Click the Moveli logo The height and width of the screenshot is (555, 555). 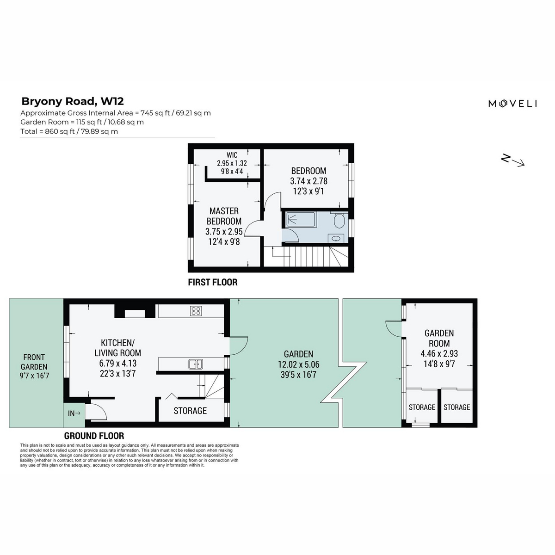[x=512, y=104]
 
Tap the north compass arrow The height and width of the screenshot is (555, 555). [x=512, y=160]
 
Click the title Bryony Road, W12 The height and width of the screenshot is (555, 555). [x=73, y=101]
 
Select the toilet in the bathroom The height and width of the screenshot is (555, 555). [x=339, y=220]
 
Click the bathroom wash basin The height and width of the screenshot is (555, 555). [x=335, y=239]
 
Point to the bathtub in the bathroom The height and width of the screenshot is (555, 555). [x=300, y=220]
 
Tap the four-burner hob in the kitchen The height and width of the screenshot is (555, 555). [x=196, y=311]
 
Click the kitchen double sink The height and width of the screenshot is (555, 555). [x=196, y=364]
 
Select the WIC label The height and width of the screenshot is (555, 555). [x=232, y=155]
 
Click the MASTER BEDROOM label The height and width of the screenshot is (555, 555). [x=224, y=216]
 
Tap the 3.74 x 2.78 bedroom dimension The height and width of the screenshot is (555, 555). [x=309, y=181]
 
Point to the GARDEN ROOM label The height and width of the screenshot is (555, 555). [x=439, y=338]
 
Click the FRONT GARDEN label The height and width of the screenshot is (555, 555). [x=34, y=362]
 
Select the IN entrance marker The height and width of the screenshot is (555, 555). [x=74, y=413]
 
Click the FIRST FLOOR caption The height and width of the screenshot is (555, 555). [x=213, y=282]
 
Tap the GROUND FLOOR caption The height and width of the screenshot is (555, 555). [x=94, y=436]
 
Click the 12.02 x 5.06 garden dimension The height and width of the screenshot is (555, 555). [x=298, y=364]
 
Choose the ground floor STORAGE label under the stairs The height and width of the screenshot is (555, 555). [x=190, y=411]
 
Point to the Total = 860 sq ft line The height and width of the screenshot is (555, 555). [x=69, y=131]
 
